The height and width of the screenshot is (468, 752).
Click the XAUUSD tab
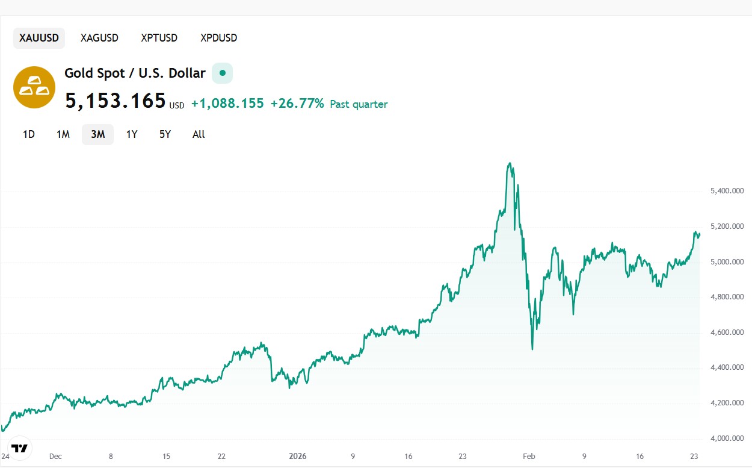point(39,38)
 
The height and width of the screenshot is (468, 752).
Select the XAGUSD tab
point(99,38)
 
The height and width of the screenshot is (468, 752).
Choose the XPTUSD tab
point(159,38)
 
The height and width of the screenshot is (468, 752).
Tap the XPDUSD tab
point(219,38)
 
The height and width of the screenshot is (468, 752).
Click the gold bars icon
point(34,87)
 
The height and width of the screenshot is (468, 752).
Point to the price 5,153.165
point(116,101)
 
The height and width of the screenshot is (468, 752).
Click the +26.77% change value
point(297,104)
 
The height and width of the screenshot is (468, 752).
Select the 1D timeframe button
point(29,134)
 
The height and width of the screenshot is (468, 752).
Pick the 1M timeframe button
point(63,134)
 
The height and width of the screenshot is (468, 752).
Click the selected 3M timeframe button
point(97,134)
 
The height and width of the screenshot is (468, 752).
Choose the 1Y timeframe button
point(132,134)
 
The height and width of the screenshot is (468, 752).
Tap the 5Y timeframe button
point(165,134)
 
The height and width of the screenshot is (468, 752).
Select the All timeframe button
point(199,134)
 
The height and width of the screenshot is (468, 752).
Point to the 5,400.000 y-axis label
point(727,191)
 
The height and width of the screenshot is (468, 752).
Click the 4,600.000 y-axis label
point(727,332)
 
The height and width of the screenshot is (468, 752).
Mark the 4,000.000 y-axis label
point(727,438)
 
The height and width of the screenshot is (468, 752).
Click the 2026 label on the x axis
point(298,456)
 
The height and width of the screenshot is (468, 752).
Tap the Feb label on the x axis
point(529,456)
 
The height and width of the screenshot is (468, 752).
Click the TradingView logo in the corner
point(20,448)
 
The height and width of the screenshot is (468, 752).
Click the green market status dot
point(223,73)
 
